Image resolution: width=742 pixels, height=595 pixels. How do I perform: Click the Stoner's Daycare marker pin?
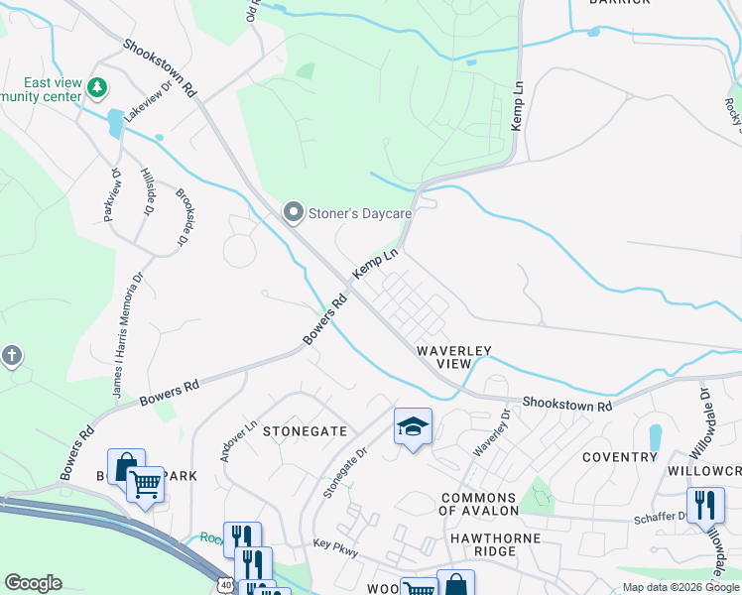tap(293, 212)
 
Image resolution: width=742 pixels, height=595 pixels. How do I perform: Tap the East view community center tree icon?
tap(97, 89)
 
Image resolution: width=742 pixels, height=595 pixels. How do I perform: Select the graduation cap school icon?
tap(413, 427)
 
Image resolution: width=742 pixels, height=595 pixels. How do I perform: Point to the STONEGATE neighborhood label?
tap(305, 431)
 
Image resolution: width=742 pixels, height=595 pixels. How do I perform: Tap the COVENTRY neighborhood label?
tap(620, 457)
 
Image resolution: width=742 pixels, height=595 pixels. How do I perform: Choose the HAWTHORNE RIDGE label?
tap(479, 551)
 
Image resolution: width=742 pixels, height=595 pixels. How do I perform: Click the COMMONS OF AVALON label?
tap(479, 504)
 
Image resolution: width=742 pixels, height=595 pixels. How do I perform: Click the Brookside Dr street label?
tap(183, 220)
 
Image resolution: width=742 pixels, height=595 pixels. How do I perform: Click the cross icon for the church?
tap(11, 355)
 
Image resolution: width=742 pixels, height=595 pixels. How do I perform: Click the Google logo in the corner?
tap(33, 583)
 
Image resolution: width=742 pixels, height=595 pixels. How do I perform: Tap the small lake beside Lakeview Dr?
tap(116, 124)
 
